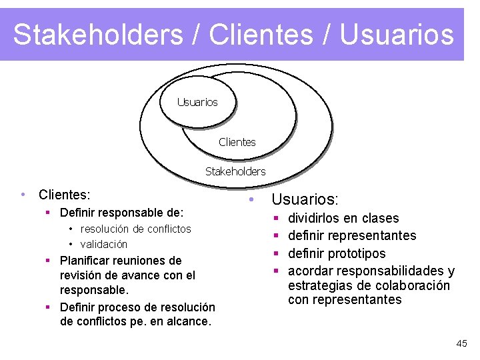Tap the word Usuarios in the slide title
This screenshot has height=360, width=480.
(397, 35)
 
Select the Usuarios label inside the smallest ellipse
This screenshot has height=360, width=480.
(197, 102)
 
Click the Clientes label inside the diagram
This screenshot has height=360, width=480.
(237, 142)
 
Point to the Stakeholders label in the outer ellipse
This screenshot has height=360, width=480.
(235, 171)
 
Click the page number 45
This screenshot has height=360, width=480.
(461, 343)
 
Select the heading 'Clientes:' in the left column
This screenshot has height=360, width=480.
(65, 195)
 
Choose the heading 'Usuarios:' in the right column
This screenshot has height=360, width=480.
(305, 200)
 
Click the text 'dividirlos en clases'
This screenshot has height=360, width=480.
(343, 219)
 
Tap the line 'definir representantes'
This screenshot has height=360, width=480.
(352, 236)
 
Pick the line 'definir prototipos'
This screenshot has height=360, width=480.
(337, 253)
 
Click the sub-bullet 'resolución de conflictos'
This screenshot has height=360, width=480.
(135, 229)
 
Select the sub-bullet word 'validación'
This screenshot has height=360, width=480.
(103, 244)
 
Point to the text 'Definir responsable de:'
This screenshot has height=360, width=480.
(121, 213)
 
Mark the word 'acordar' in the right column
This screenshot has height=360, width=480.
(310, 271)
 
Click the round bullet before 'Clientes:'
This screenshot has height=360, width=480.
(23, 195)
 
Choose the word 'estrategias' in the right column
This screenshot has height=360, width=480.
(319, 286)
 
